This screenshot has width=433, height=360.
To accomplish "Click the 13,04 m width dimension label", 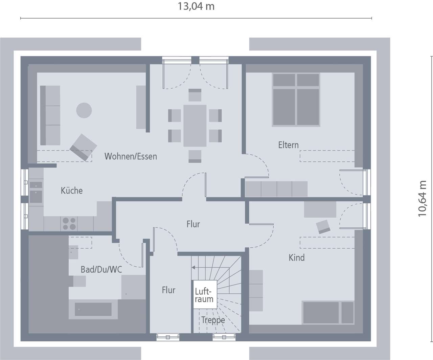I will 196,6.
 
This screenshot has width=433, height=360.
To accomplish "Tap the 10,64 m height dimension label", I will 423,199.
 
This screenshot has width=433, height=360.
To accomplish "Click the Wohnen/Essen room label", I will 131,156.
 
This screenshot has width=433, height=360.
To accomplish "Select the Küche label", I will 72,190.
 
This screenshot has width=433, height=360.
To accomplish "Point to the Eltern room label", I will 289,145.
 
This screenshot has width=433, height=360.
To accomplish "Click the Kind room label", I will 297,258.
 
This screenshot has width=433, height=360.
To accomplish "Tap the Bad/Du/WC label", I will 101,269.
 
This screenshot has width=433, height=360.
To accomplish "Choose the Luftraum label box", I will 204,295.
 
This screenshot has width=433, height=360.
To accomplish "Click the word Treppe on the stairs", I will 213,320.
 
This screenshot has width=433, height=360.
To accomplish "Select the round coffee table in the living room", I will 84,110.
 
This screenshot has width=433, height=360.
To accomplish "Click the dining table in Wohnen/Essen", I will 195,126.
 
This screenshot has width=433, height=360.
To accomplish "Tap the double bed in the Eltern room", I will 296,100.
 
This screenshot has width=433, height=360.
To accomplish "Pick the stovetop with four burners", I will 69,224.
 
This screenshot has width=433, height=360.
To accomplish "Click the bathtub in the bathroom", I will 93,309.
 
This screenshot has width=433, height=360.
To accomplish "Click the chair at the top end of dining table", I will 195,95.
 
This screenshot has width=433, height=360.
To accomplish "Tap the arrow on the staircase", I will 193,267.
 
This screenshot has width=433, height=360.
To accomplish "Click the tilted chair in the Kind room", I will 323,226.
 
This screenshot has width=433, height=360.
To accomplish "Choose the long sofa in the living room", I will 50,115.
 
